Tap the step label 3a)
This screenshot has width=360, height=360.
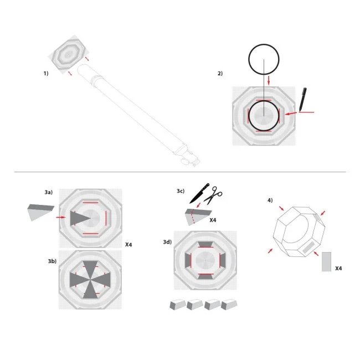[49, 192]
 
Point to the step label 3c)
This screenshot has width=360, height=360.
[180, 191]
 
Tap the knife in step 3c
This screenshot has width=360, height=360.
[197, 193]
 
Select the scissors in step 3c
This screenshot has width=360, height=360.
[213, 194]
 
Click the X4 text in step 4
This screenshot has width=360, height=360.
[338, 268]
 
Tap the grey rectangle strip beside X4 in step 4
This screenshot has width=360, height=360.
[326, 261]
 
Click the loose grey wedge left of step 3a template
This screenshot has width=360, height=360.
[40, 212]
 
